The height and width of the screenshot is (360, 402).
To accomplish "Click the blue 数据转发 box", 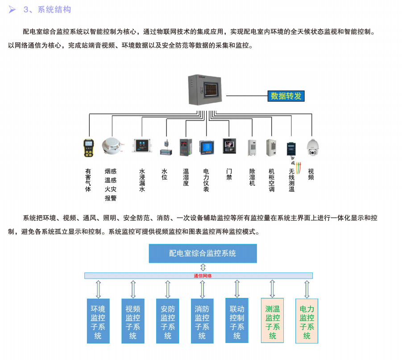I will [x=286, y=96].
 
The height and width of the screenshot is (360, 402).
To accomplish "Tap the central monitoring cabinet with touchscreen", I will [x=206, y=89].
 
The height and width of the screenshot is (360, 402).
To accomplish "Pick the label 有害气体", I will [x=88, y=180].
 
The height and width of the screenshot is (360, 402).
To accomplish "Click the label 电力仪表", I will [x=206, y=180].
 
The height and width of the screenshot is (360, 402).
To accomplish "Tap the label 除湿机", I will [x=252, y=177].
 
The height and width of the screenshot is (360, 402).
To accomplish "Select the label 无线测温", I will [x=291, y=180].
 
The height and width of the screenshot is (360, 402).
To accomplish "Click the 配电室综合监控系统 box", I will [x=203, y=253].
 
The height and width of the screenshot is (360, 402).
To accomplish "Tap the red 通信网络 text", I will [x=203, y=276].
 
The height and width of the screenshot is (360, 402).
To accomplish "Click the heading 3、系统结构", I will [x=47, y=9].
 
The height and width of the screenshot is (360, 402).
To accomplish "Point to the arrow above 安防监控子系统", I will [x=168, y=289].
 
